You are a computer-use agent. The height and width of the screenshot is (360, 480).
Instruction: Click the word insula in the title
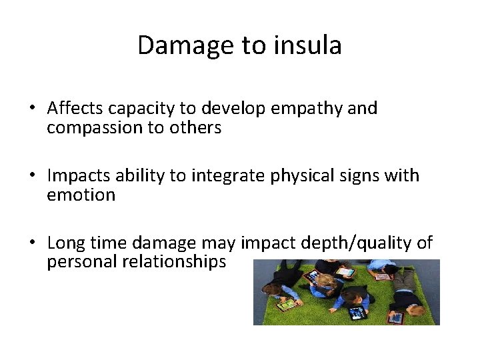click(x=310, y=45)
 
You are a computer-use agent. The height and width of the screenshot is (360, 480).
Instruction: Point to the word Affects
click(x=74, y=108)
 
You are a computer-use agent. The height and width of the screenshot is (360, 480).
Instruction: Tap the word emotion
click(x=81, y=195)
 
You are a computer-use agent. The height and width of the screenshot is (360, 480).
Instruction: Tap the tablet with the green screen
click(x=345, y=272)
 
